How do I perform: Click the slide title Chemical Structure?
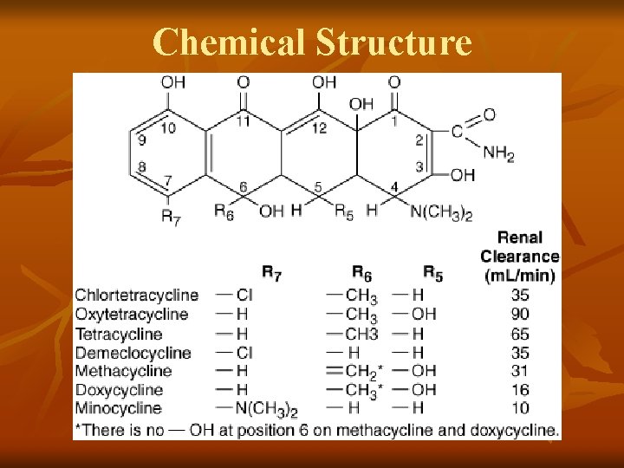[x=312, y=41]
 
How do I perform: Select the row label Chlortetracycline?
[x=136, y=296]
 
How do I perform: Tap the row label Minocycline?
[x=118, y=408]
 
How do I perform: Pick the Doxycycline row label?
[x=119, y=390]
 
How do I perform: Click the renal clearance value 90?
[x=520, y=314]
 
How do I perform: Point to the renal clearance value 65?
[x=520, y=334]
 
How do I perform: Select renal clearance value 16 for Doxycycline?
[x=520, y=390]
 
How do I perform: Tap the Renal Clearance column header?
[x=520, y=256]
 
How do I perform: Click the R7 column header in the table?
[x=271, y=276]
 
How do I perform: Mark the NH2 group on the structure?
[x=498, y=153]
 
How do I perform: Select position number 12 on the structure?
[x=319, y=128]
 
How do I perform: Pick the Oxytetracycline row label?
[x=131, y=314]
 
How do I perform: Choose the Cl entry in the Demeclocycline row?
[x=244, y=353]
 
